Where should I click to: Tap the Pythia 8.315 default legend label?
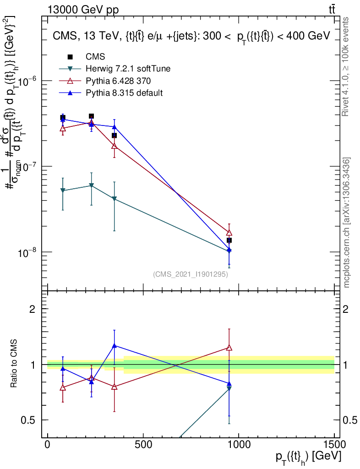pyautogui.click(x=125, y=93)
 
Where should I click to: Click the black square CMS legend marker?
pyautogui.click(x=70, y=57)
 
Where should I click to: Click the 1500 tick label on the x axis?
pyautogui.click(x=334, y=445)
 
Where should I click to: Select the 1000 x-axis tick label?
pyautogui.click(x=239, y=445)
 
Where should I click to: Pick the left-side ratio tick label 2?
pyautogui.click(x=32, y=309)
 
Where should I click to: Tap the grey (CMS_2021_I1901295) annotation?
pyautogui.click(x=191, y=274)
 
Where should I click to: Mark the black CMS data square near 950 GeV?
pyautogui.click(x=229, y=240)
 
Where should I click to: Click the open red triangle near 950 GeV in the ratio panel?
pyautogui.click(x=229, y=348)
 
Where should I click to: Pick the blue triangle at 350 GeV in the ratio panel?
pyautogui.click(x=114, y=346)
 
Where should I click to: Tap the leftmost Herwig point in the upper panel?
pyautogui.click(x=63, y=191)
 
